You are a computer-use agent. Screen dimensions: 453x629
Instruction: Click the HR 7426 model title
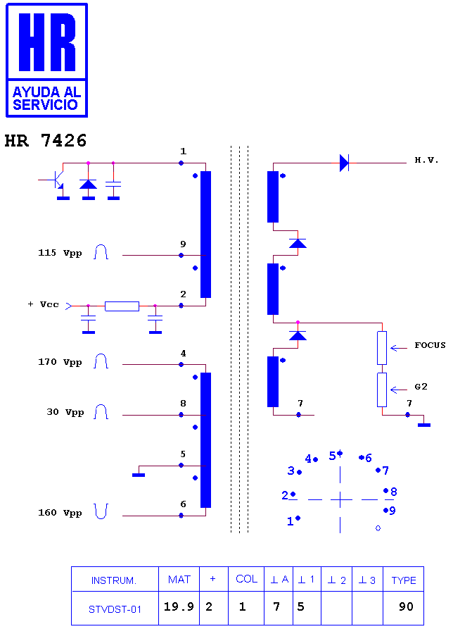tap(45, 140)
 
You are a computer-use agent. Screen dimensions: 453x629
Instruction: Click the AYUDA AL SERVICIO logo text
tap(46, 99)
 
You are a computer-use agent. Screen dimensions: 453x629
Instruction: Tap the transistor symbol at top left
tap(57, 180)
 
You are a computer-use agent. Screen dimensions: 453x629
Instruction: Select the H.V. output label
tap(426, 160)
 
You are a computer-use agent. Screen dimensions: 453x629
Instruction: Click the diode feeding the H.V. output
tap(344, 163)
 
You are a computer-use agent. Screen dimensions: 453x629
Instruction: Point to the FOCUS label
tap(430, 345)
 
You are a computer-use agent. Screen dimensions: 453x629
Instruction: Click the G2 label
tap(421, 387)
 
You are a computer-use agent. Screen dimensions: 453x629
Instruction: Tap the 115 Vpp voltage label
tap(60, 253)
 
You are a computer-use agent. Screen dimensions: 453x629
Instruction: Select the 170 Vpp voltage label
tap(60, 362)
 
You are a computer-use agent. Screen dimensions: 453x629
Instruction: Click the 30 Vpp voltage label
tap(65, 412)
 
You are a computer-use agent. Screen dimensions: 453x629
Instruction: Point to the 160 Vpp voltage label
tap(60, 513)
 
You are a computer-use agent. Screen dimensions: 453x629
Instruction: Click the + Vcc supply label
tap(43, 304)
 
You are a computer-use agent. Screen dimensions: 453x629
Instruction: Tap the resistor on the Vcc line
tap(122, 306)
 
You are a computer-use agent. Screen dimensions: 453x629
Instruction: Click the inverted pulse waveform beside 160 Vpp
tap(101, 511)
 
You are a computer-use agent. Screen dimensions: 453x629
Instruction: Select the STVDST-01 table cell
tap(115, 609)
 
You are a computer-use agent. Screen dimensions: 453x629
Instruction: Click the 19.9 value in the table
tap(179, 606)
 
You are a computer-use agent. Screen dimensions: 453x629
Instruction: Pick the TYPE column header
tap(404, 580)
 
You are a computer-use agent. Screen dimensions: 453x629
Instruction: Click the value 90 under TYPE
tap(406, 606)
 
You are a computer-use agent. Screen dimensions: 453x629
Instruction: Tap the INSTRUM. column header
tap(114, 580)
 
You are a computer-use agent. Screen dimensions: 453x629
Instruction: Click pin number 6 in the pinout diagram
tap(369, 458)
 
